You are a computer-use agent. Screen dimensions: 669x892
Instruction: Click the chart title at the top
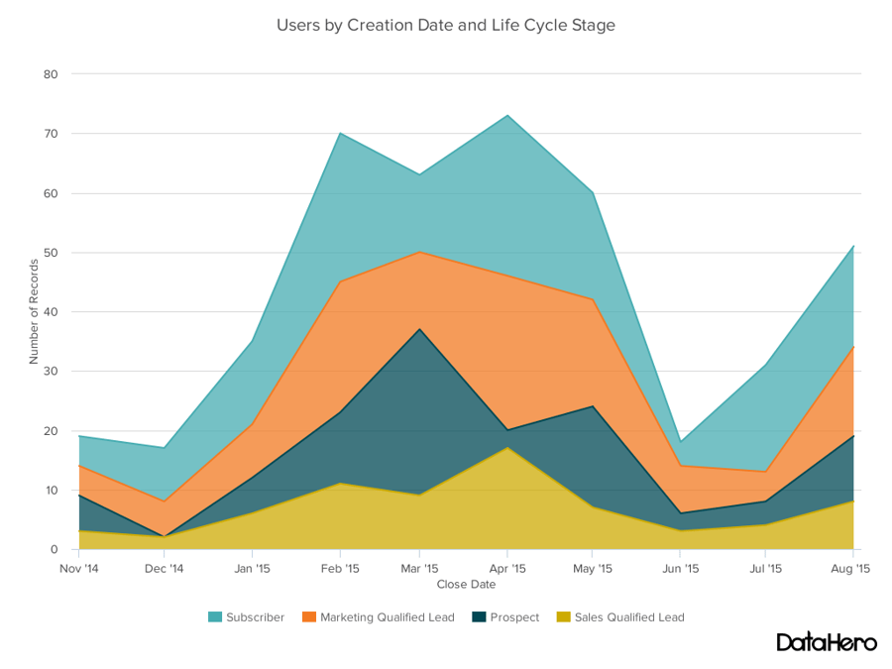[445, 25]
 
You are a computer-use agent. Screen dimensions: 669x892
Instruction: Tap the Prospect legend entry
[505, 617]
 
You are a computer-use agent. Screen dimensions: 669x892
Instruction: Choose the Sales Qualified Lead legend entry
[620, 617]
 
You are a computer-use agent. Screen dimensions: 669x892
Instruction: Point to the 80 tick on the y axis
[52, 74]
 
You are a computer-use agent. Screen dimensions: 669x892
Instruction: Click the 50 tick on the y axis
[52, 253]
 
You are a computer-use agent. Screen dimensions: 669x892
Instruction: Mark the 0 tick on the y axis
[55, 550]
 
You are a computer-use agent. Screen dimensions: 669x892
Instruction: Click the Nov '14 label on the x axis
[78, 569]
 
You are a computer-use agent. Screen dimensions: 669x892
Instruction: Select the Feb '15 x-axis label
[340, 569]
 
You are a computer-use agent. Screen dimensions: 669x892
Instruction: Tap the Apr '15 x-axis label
[507, 569]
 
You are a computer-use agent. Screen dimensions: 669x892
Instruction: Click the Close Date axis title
[466, 585]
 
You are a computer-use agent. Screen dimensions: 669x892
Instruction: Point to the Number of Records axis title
[34, 311]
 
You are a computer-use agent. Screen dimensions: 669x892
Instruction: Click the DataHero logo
[826, 642]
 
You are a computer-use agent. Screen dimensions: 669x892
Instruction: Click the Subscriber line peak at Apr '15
[507, 115]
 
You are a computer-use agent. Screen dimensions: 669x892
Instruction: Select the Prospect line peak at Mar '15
[419, 329]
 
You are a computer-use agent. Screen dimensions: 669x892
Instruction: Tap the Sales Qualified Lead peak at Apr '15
[507, 448]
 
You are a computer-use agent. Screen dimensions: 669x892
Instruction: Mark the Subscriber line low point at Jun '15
[680, 442]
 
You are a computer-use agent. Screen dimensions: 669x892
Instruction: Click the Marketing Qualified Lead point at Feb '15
[340, 281]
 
